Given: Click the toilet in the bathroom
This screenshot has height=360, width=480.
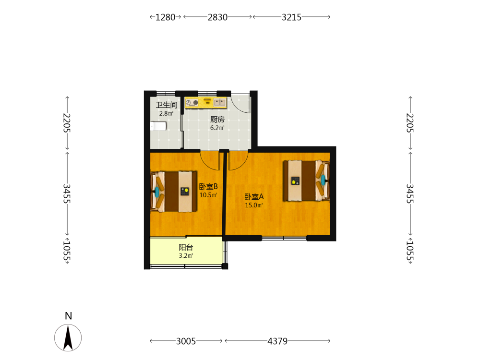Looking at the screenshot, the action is [158, 126].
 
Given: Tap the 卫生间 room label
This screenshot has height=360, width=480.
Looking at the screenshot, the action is [167, 105].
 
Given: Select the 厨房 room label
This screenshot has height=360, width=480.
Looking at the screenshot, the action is [217, 120].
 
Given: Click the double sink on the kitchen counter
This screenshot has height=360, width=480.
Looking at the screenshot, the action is [220, 102].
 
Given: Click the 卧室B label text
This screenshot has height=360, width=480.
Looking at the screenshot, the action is [208, 186].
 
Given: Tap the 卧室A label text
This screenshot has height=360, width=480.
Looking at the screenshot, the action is [254, 197].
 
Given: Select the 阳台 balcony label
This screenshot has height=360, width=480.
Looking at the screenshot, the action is [186, 247].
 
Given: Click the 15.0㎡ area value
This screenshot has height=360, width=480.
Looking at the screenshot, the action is [254, 205].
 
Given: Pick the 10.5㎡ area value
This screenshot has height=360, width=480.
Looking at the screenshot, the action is [208, 195].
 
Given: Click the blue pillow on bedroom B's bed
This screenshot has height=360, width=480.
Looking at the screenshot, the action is [157, 192].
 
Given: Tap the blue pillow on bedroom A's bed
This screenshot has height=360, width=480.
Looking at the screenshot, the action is [323, 180].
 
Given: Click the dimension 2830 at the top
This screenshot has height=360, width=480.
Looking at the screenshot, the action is [217, 17].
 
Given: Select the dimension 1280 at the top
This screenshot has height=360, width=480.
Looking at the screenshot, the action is [165, 17].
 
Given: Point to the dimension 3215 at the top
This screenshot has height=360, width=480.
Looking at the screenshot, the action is [292, 17].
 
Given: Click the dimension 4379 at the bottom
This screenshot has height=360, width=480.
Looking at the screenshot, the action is [277, 341].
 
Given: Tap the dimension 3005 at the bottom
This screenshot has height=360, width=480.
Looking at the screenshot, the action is [186, 341].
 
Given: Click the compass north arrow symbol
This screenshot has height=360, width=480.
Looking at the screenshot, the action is [68, 337].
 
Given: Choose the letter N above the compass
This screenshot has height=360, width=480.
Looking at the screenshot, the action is [68, 316].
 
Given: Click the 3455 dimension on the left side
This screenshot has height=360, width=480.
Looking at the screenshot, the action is [67, 194].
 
